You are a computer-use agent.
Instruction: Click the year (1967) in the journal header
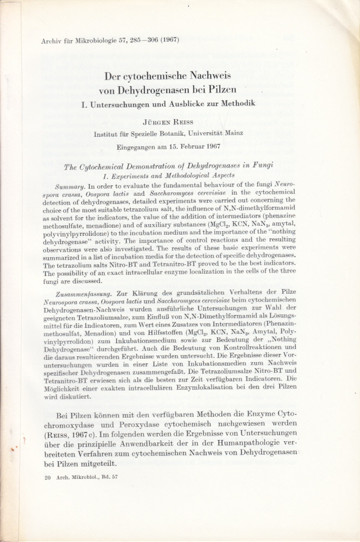tap(168, 40)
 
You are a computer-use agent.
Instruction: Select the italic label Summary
tap(78, 186)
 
